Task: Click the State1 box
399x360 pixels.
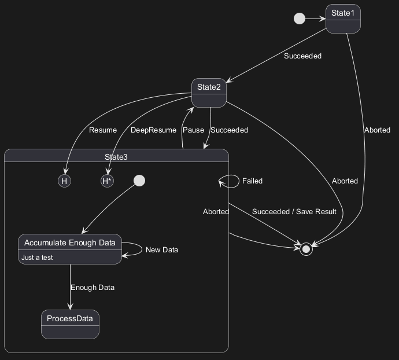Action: click(x=343, y=19)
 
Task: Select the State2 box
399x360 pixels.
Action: click(x=209, y=93)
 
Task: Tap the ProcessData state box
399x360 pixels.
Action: click(x=71, y=324)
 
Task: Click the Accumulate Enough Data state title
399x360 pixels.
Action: click(x=70, y=243)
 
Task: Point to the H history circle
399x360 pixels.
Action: click(x=65, y=181)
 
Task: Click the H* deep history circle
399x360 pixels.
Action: click(x=107, y=181)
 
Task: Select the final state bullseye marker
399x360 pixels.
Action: click(x=306, y=249)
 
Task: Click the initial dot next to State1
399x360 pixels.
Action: click(x=300, y=19)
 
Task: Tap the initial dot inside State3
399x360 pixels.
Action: click(x=139, y=181)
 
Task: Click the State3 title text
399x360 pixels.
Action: click(x=116, y=157)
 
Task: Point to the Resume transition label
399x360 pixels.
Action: click(x=103, y=130)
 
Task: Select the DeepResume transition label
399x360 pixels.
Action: click(x=153, y=130)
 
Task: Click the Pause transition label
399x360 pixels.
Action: click(x=193, y=130)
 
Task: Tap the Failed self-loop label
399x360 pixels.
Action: click(x=252, y=181)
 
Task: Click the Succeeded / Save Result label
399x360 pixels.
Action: click(x=294, y=212)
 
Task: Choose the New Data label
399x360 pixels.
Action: click(x=162, y=250)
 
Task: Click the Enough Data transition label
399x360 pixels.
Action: click(x=93, y=288)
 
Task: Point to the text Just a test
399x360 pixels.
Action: click(x=37, y=258)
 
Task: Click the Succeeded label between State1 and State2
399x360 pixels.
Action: click(x=302, y=56)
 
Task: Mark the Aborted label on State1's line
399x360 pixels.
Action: click(x=377, y=130)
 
